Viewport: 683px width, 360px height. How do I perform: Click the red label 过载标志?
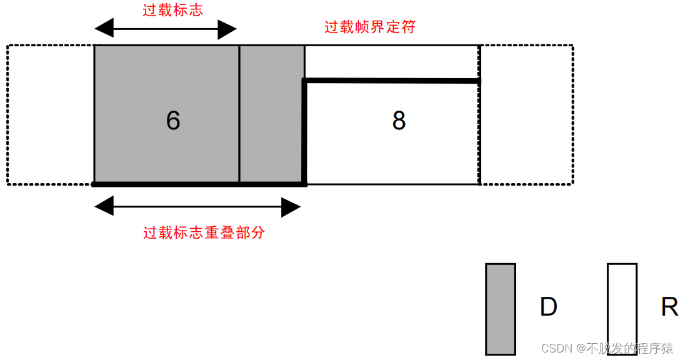pos(173,10)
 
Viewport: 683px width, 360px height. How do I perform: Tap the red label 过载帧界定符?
pos(370,27)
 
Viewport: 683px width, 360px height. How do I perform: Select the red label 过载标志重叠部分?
pos(204,232)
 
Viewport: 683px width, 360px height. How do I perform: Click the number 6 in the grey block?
pos(173,120)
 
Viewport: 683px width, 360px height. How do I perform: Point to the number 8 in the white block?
pos(399,120)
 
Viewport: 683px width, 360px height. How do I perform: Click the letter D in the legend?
pos(549,306)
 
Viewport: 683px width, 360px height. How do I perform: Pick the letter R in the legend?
pos(669,306)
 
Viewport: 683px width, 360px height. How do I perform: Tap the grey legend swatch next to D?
pos(501,309)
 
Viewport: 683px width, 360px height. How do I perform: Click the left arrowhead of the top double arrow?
pos(104,29)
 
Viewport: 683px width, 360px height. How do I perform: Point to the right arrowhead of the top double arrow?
pos(227,29)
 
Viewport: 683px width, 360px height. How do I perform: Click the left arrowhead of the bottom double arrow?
pos(104,206)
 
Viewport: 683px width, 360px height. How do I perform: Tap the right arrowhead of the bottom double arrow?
pos(291,206)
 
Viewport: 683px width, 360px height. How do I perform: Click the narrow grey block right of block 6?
pos(272,114)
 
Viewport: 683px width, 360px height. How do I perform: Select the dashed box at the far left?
pos(7,114)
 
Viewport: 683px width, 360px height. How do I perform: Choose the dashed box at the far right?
pos(573,114)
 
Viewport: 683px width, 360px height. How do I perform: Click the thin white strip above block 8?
pos(391,62)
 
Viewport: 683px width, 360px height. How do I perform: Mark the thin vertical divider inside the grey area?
pos(239,114)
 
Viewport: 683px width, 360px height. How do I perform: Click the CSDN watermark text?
pos(607,347)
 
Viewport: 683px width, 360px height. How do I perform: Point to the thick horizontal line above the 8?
pos(391,81)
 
